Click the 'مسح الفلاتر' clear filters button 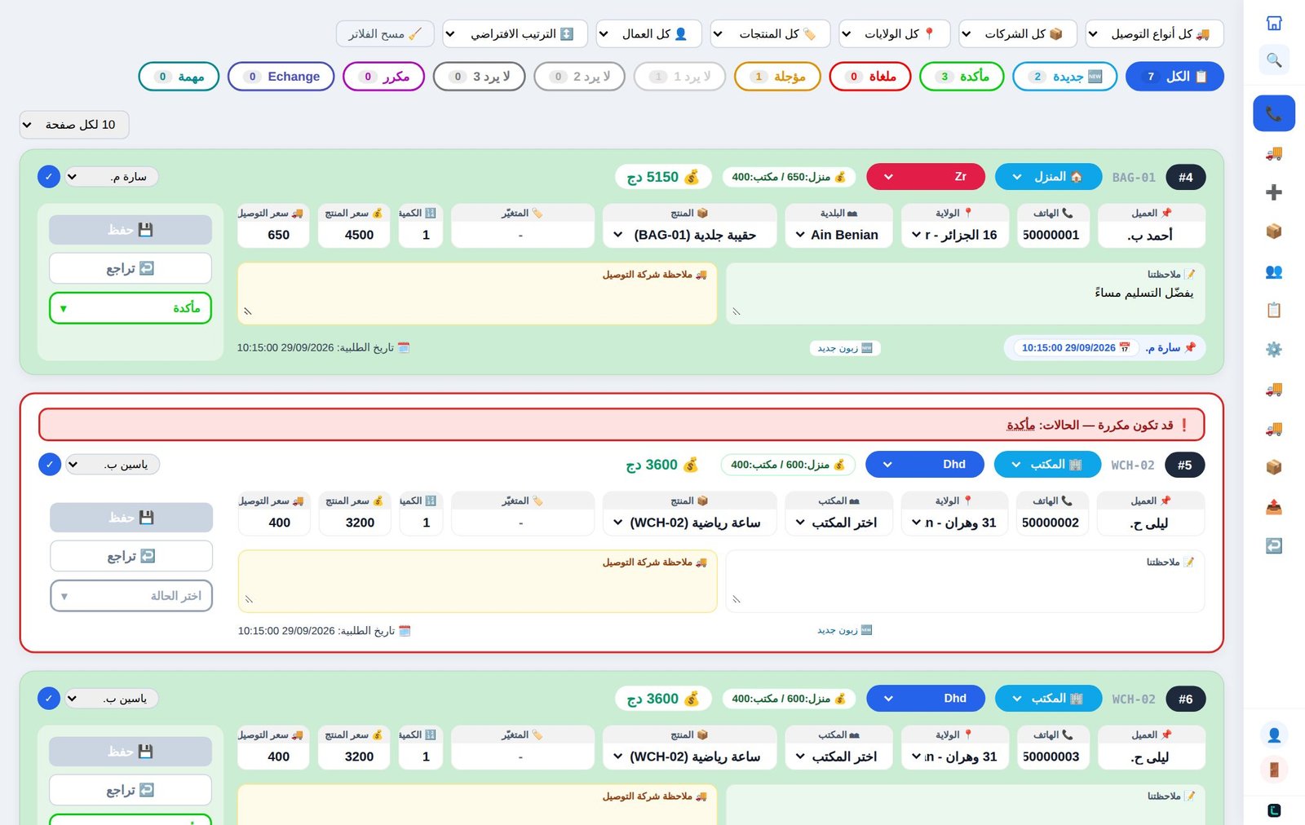[x=385, y=33]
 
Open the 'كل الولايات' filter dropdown [x=894, y=33]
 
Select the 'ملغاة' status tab [x=869, y=77]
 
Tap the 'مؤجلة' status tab [x=777, y=77]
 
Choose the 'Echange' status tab [x=281, y=77]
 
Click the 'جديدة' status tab [x=1064, y=77]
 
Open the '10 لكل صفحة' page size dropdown [x=74, y=125]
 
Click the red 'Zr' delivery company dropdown [x=926, y=176]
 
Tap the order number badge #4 [x=1186, y=177]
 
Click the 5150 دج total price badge [x=663, y=177]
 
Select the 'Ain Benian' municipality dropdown [x=838, y=235]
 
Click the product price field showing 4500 [x=354, y=235]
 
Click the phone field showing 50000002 [x=1051, y=523]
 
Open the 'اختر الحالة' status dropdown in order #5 [x=131, y=596]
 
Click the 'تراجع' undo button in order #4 [x=130, y=268]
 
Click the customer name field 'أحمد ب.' [x=1151, y=235]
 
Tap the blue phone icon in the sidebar [x=1274, y=113]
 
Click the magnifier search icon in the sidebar [x=1274, y=60]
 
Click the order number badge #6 [x=1186, y=699]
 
